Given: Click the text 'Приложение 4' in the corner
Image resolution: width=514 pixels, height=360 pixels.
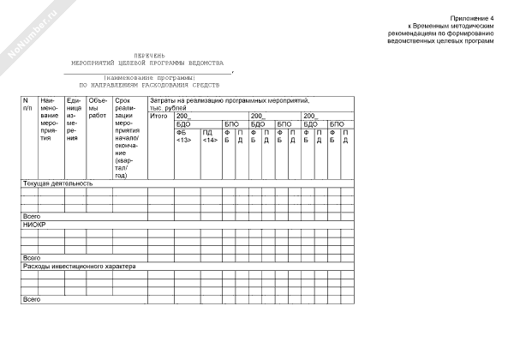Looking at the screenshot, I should coord(474,18).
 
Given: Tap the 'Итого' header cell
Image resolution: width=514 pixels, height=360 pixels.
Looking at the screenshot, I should coord(158,116).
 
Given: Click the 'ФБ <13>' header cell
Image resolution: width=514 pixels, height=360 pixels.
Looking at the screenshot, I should coord(183,135).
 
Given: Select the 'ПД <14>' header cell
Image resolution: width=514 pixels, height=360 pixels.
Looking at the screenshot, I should coord(209,135).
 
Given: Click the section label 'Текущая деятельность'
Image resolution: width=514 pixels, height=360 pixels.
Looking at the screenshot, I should coord(57,183).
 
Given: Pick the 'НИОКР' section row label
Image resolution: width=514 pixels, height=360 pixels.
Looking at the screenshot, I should coord(33,223).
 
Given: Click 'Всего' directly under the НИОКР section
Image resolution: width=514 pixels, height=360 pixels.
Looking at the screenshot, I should coord(32,257).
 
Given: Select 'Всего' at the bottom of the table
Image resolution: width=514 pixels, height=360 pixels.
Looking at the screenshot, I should coord(32,299).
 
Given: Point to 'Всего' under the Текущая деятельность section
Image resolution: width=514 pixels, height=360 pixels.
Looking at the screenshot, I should coord(32,216).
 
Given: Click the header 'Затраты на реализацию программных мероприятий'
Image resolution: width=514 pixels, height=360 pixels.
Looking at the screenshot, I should coord(229,101).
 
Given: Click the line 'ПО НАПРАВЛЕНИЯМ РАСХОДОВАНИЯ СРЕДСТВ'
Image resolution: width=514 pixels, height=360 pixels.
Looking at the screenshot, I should coord(149,86).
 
